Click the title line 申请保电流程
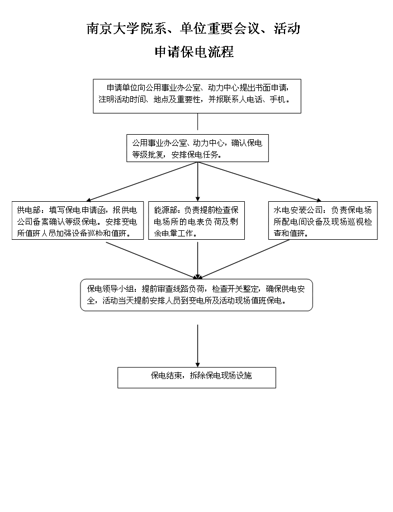[195, 51]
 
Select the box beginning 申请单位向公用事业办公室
[197, 96]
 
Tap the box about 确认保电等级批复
[198, 148]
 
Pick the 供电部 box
[78, 220]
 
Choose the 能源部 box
[197, 220]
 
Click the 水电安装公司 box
[323, 220]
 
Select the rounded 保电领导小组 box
[197, 295]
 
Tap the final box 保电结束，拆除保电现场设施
[197, 378]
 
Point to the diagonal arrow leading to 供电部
[141, 182]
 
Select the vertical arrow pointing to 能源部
[198, 182]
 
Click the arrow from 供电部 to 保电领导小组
[151, 260]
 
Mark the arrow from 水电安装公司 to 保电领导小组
[243, 259]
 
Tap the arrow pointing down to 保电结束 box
[198, 346]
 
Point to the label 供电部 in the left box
[29, 210]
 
